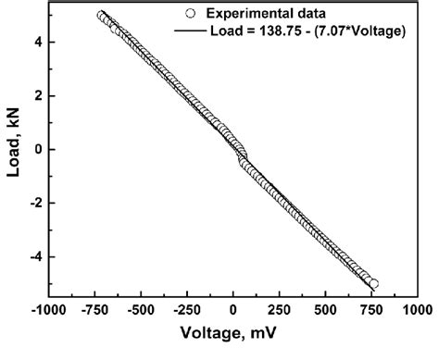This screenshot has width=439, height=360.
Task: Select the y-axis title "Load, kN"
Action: coord(13,149)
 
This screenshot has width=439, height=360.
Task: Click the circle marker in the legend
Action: coord(189,14)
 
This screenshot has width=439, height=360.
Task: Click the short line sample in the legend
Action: coord(189,32)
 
